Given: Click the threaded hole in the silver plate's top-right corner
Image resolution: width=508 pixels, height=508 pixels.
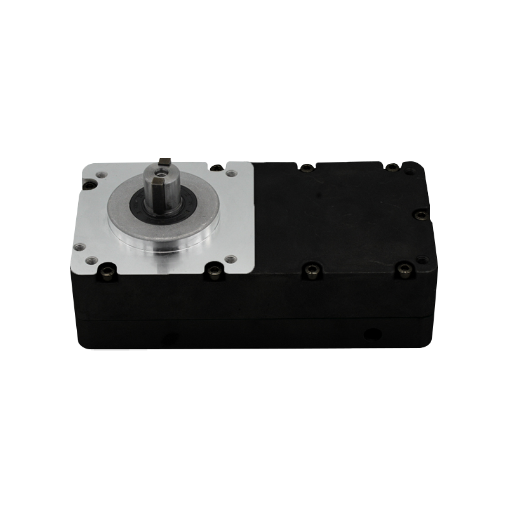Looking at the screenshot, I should point(230,171).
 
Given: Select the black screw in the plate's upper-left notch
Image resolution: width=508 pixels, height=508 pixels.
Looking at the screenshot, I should point(90,185).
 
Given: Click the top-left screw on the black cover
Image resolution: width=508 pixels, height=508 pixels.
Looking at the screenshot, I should point(306,168).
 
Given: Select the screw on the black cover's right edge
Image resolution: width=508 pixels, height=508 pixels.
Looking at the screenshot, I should point(420,216).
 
